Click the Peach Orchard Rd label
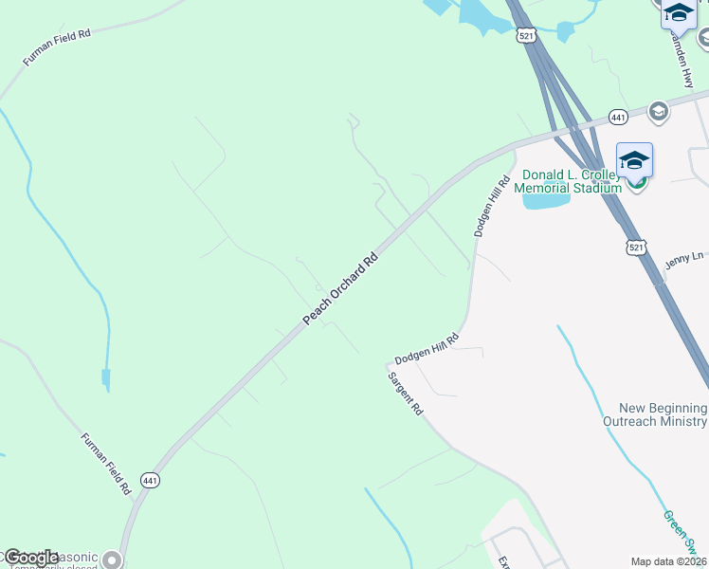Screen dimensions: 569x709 click(340, 289)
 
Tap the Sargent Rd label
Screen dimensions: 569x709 click(405, 394)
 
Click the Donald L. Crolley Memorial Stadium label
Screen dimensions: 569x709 click(568, 181)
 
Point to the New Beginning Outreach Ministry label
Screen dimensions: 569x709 click(655, 414)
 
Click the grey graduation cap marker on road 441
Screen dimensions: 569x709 click(658, 112)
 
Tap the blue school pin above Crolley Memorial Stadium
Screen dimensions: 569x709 click(634, 160)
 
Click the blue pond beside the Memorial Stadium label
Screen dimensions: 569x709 click(545, 200)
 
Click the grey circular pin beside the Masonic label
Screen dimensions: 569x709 click(113, 560)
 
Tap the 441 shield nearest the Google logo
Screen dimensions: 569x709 click(150, 480)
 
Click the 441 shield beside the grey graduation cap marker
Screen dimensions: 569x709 click(618, 116)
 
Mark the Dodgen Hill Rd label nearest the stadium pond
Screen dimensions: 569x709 click(485, 207)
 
